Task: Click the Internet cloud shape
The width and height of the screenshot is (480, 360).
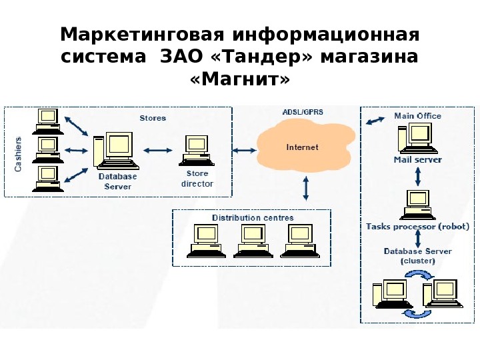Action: tap(303, 148)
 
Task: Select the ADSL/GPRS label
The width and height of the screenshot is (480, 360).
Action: tap(298, 113)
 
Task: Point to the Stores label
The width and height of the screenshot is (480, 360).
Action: tap(153, 118)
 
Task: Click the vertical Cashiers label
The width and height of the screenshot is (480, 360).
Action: tap(19, 155)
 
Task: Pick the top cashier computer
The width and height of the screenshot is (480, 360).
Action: tap(47, 120)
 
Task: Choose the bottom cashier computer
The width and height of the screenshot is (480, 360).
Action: tap(47, 177)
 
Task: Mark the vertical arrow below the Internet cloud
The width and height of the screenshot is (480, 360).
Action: tap(306, 188)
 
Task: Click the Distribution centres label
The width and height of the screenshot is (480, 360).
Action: tap(253, 218)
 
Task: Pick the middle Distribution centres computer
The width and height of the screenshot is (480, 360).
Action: tap(253, 240)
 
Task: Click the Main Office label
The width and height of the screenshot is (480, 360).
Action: tap(417, 116)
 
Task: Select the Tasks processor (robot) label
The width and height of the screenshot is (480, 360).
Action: tap(417, 227)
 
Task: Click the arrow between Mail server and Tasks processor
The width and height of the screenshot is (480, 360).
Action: tap(417, 177)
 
